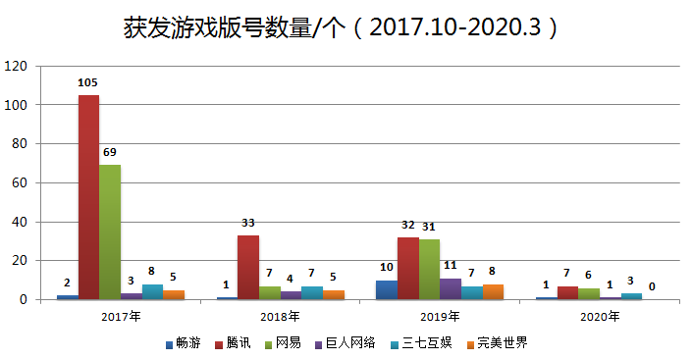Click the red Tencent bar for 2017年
point(88,196)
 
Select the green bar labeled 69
point(110,231)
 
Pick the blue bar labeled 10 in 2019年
point(387,289)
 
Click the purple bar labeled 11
point(451,288)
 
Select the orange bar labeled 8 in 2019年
point(493,291)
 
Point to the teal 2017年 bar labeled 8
point(152,291)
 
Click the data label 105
point(88,82)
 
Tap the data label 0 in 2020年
point(653,287)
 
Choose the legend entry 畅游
point(186,344)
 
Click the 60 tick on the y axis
point(19,182)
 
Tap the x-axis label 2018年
point(281,317)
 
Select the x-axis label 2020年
point(600,317)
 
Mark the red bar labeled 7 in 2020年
point(567,292)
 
